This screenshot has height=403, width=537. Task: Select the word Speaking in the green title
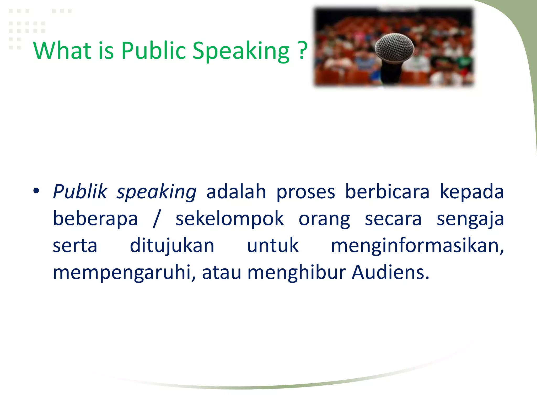[241, 51]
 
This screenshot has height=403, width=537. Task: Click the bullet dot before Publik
[36, 191]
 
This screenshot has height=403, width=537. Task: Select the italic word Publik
[80, 192]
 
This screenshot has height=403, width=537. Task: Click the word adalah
[236, 192]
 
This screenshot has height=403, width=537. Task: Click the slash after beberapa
[157, 219]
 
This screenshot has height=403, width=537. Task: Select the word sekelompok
[229, 219]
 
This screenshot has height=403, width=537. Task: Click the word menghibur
[297, 272]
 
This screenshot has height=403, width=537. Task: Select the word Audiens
[390, 272]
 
